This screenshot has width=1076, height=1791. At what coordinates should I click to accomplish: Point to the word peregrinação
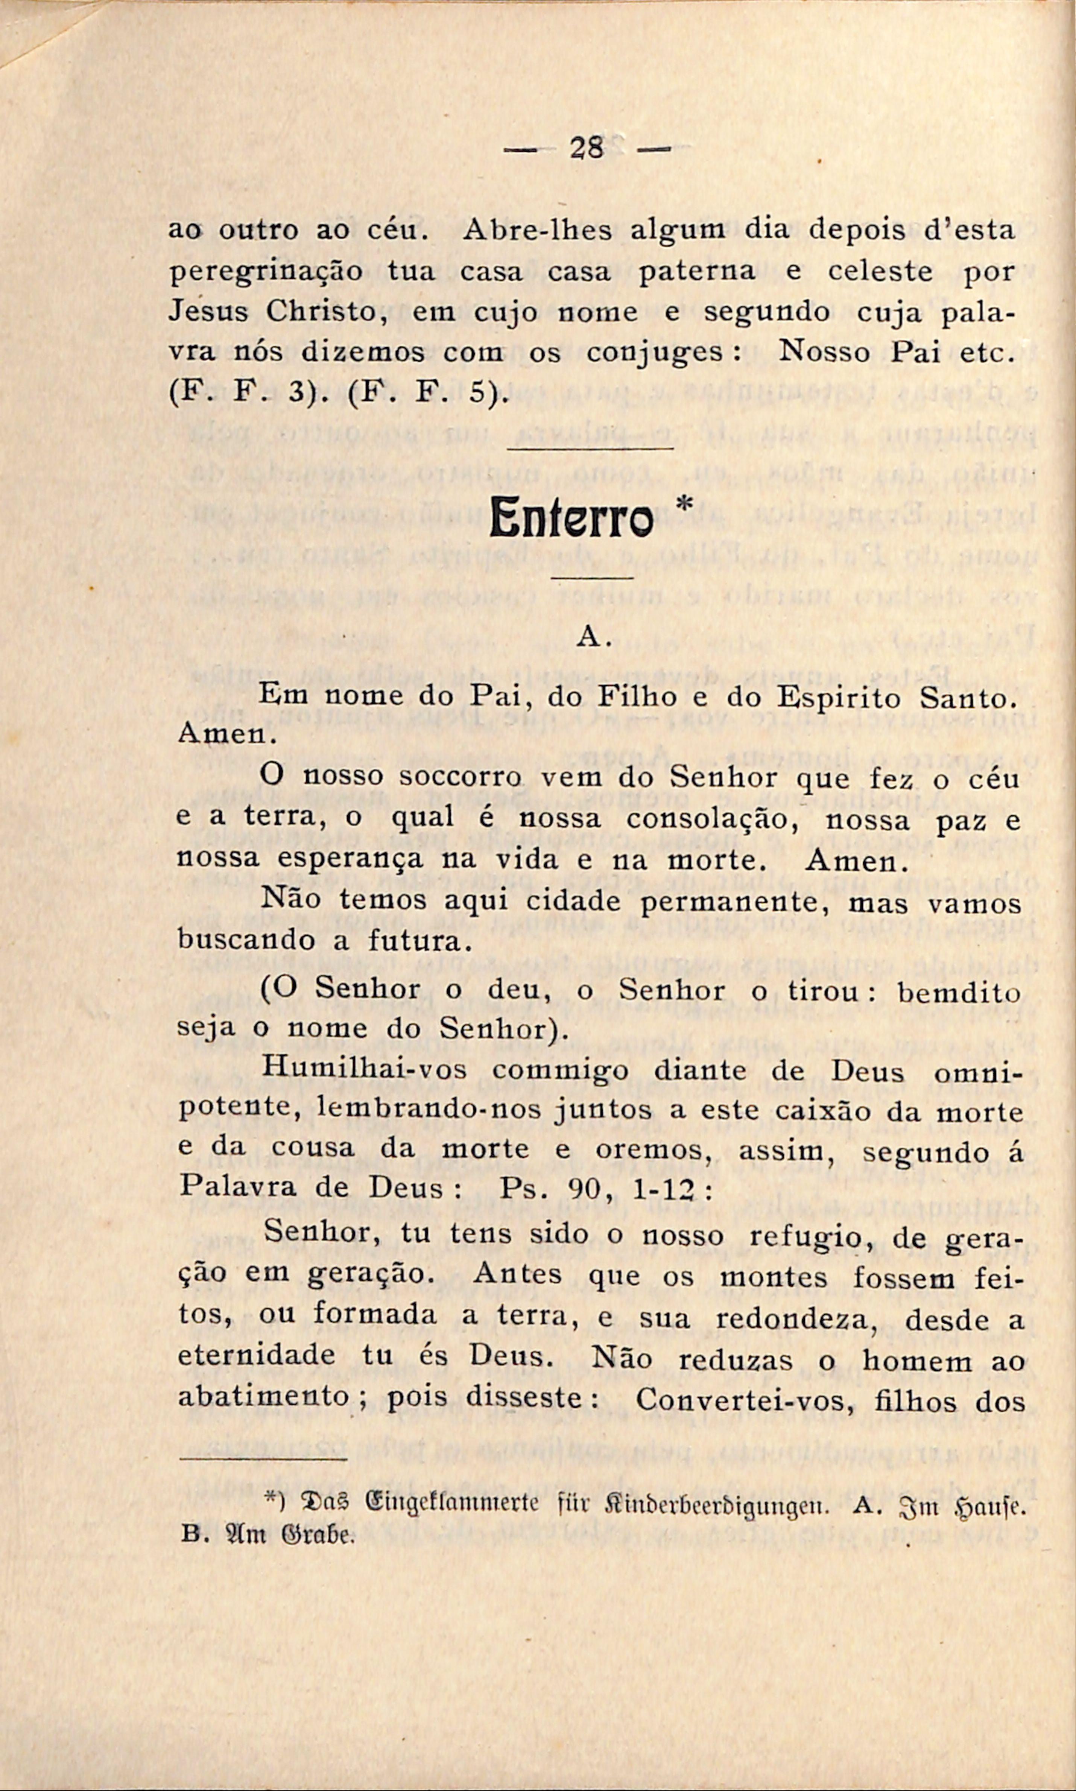pyautogui.click(x=265, y=273)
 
